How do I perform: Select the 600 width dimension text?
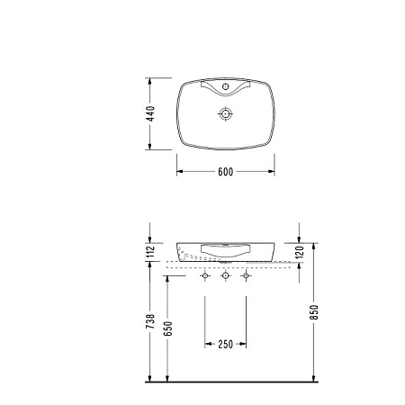[x=226, y=172]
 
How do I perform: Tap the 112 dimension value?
[x=151, y=252]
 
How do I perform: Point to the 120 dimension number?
[x=301, y=252]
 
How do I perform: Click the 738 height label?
[x=152, y=321]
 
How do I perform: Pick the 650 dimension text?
[x=169, y=328]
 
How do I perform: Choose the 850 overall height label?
[x=315, y=312]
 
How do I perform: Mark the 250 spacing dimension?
[x=225, y=345]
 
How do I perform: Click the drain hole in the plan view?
[x=225, y=113]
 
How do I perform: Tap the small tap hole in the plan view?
[x=226, y=86]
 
